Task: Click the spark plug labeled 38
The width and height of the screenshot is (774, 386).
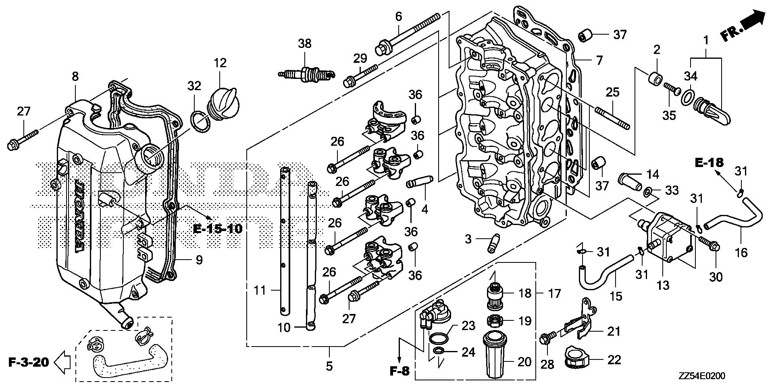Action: [x=305, y=74]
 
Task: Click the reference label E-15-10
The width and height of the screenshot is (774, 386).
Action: [x=218, y=229]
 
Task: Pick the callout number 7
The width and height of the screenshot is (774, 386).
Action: [x=599, y=60]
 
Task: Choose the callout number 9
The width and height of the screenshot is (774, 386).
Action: [x=199, y=260]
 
